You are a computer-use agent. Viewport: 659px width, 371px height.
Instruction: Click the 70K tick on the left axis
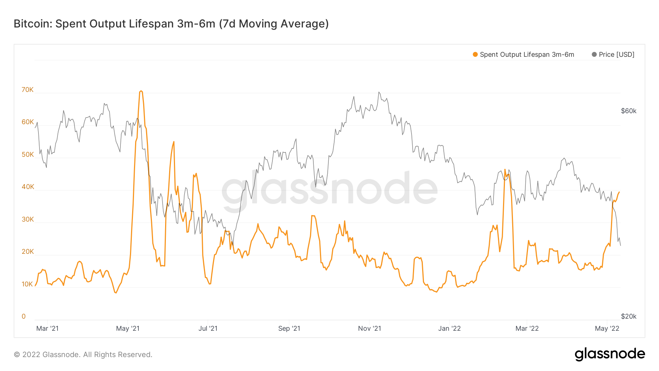click(x=27, y=90)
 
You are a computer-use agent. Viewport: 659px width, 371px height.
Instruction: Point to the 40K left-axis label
click(x=27, y=187)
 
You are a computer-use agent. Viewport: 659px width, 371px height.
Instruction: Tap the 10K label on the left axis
click(x=27, y=284)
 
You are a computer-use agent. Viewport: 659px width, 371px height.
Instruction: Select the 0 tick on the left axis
click(x=24, y=316)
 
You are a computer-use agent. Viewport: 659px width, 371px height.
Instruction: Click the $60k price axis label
click(x=629, y=111)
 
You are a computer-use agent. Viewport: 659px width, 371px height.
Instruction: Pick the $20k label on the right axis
click(x=629, y=316)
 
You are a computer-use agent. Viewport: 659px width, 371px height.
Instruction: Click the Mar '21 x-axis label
click(x=47, y=329)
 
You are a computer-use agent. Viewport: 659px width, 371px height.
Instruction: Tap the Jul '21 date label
click(x=208, y=329)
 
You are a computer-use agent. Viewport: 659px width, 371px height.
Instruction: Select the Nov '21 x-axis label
click(x=369, y=329)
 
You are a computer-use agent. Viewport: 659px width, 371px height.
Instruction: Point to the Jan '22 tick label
click(x=449, y=329)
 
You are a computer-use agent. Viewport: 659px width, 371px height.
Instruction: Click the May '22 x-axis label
click(x=607, y=329)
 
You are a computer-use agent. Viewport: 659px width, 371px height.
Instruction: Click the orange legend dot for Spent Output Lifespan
click(x=475, y=55)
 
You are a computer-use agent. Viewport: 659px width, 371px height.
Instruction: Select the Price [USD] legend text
click(x=617, y=55)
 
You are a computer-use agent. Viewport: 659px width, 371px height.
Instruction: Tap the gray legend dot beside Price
click(x=594, y=55)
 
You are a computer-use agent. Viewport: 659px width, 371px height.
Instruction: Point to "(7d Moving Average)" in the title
click(x=274, y=24)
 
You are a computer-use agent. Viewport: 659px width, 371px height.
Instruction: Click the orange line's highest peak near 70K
click(x=141, y=91)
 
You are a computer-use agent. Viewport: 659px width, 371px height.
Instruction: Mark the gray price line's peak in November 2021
click(x=379, y=92)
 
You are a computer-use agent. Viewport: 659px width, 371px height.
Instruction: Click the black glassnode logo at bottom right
click(x=610, y=354)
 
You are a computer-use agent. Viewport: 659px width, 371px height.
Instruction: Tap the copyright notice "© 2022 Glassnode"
click(x=47, y=355)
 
